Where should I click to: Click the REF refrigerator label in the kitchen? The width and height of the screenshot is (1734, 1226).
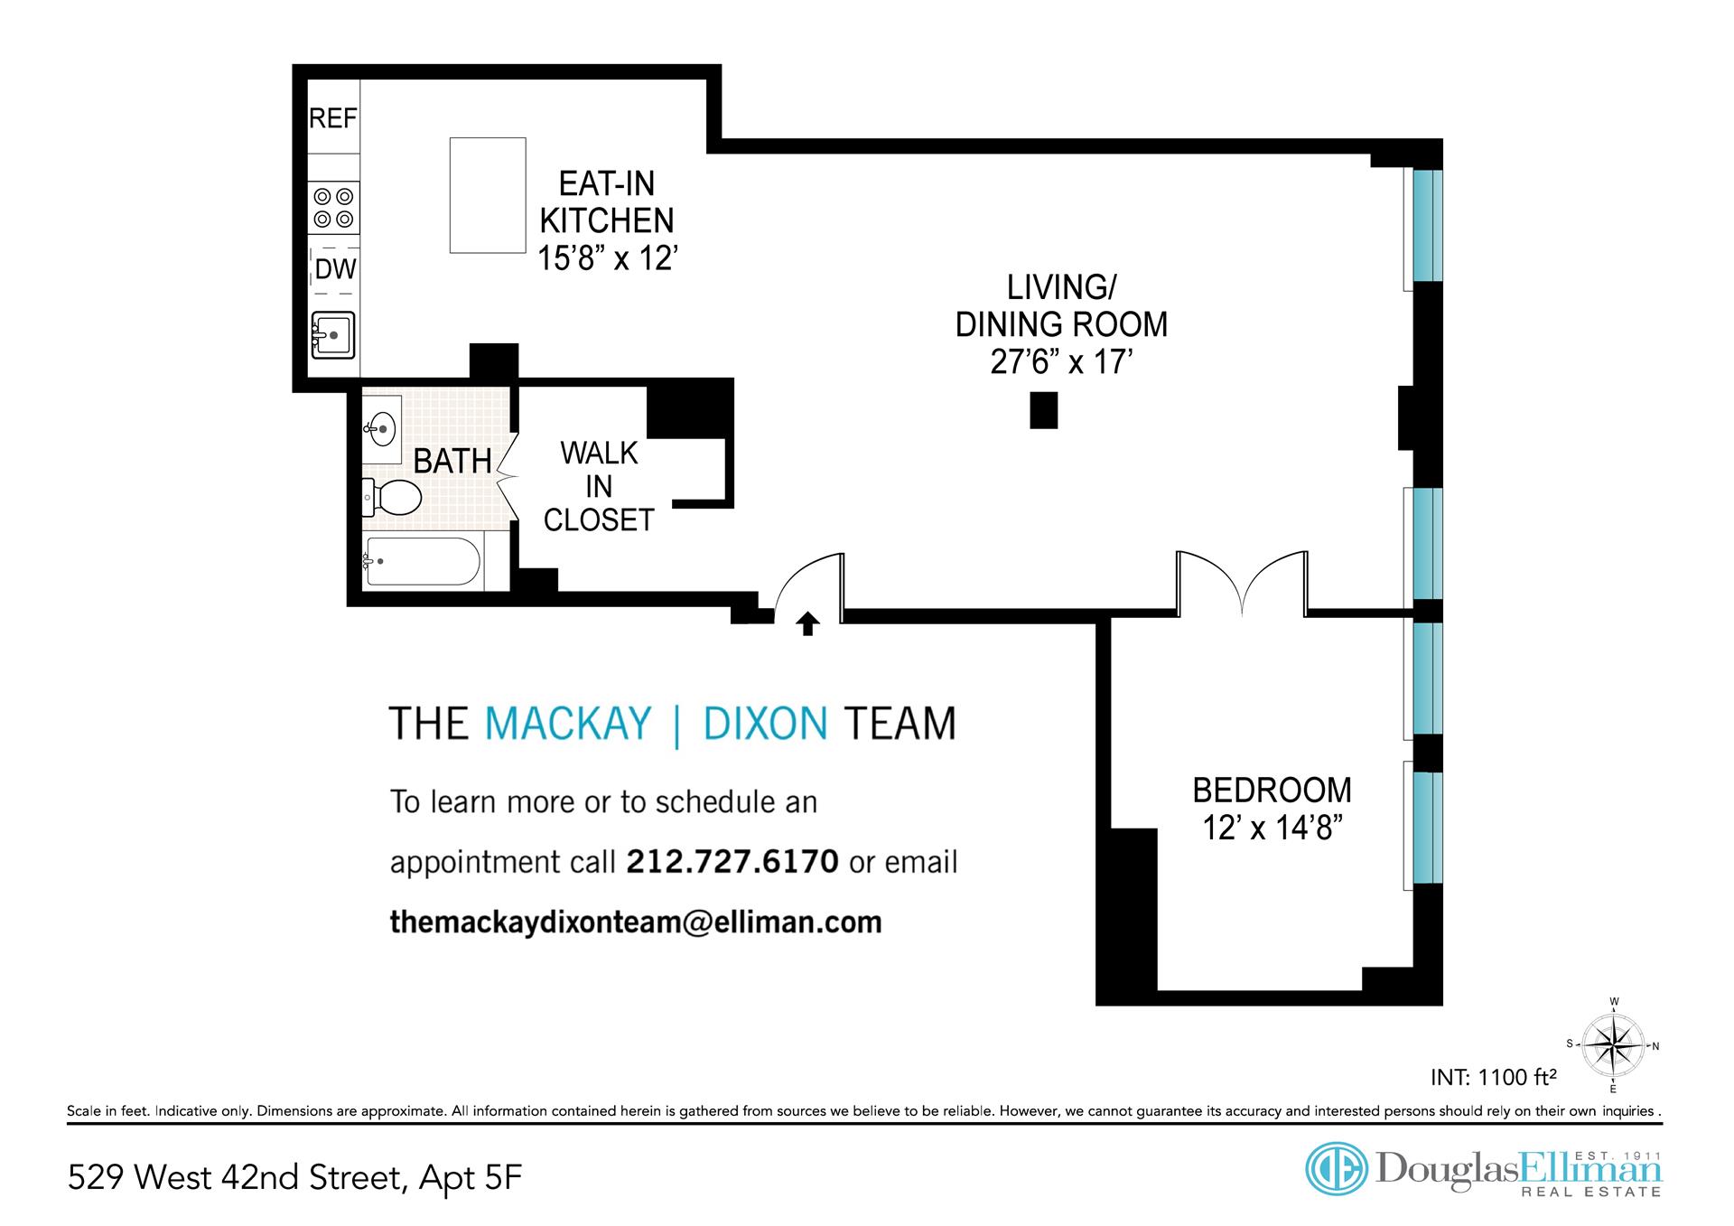click(333, 118)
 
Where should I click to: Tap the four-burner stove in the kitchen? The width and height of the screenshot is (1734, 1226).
click(333, 207)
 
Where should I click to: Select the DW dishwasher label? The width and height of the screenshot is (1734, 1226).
click(335, 269)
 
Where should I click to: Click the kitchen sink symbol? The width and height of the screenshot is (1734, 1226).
click(333, 335)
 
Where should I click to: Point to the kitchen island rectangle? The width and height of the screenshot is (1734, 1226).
click(488, 195)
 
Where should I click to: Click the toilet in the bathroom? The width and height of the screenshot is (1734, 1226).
click(392, 497)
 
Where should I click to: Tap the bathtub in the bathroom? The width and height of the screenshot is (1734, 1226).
click(423, 562)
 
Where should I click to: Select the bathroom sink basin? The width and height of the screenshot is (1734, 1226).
click(383, 426)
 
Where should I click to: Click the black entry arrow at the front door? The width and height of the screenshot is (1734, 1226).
click(808, 623)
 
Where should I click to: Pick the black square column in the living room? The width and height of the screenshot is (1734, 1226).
click(1044, 410)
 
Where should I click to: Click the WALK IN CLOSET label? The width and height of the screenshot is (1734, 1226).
click(599, 487)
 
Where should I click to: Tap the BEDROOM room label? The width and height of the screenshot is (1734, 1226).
click(1272, 791)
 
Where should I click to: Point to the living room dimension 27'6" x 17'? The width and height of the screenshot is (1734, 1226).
click(1061, 362)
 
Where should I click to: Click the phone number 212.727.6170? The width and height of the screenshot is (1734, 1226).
click(732, 861)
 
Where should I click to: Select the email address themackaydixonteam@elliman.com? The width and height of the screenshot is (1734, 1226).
click(636, 922)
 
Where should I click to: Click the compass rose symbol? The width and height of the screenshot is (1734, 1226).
click(1614, 1045)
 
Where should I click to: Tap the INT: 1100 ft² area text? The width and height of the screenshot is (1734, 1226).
click(1494, 1077)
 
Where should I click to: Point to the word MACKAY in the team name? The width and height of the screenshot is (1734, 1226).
click(568, 724)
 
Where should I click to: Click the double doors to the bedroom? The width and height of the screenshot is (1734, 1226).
click(1242, 583)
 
